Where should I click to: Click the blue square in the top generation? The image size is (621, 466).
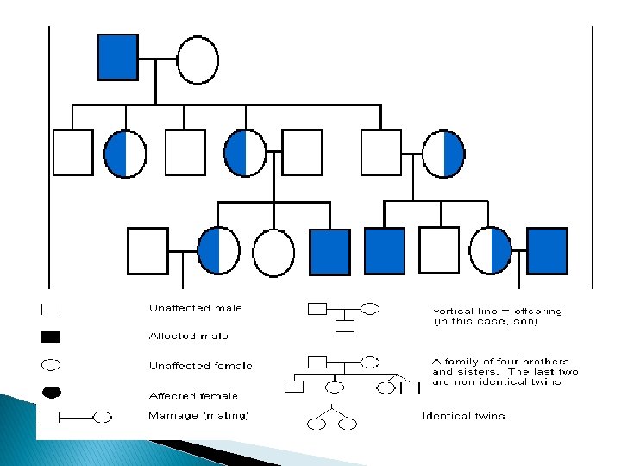click(x=117, y=57)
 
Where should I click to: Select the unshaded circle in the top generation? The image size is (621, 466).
click(x=198, y=59)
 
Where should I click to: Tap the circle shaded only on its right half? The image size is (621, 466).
click(x=443, y=154)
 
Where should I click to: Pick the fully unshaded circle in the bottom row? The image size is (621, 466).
click(x=273, y=252)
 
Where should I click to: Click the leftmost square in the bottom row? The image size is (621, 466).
click(x=147, y=250)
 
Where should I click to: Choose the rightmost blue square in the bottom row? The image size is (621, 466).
click(x=547, y=250)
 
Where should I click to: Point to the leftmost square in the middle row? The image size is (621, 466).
click(x=72, y=152)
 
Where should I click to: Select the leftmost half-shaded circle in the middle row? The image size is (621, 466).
click(x=125, y=154)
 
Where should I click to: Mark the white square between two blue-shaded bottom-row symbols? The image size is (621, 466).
click(x=439, y=250)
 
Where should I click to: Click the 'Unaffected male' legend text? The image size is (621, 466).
click(x=196, y=307)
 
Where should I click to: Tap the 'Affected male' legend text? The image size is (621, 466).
click(x=189, y=336)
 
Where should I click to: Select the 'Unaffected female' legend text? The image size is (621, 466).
click(x=201, y=365)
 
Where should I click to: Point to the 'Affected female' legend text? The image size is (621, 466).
click(x=194, y=394)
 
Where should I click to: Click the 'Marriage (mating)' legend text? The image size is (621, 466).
click(x=199, y=416)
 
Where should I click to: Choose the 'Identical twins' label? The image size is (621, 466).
click(x=464, y=416)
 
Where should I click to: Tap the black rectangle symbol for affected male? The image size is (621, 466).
click(x=51, y=337)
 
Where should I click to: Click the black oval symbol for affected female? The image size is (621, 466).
click(x=51, y=394)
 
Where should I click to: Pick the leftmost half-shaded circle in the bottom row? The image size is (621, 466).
click(x=218, y=250)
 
